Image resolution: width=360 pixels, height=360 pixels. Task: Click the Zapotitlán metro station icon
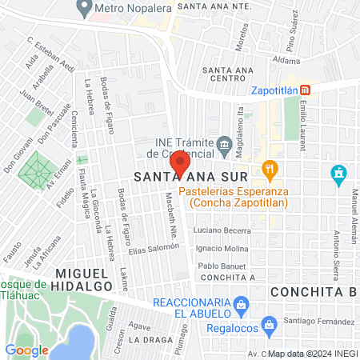[304, 90]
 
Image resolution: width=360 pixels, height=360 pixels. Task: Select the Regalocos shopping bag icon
[270, 324]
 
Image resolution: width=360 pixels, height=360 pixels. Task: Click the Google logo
[27, 350]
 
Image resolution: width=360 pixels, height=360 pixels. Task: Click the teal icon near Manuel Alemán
[338, 172]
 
